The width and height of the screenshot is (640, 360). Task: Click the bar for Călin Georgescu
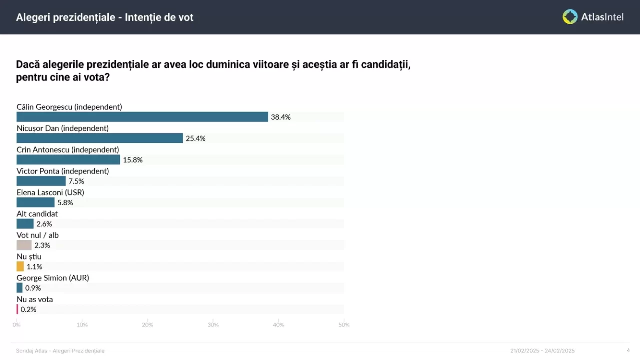142,117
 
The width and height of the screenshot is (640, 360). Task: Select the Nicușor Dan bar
100,138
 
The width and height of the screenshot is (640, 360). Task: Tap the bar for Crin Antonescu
68,160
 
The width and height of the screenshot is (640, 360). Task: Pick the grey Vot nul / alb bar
24,245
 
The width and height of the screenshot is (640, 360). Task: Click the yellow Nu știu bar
20,267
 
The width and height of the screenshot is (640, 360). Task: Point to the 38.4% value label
281,117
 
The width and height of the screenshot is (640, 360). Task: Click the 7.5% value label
76,181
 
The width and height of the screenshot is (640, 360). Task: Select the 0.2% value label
28,310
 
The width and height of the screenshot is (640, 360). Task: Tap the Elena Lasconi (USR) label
50,192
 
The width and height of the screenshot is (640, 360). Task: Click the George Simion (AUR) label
53,278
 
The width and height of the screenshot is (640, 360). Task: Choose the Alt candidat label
37,214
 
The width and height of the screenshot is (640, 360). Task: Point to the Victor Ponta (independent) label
63,171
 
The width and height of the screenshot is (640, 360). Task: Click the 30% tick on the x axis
213,325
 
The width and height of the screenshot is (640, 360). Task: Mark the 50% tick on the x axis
344,325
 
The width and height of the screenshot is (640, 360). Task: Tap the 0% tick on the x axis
17,325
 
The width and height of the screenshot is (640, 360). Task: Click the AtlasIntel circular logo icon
570,17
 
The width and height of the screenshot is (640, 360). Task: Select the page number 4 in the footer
628,350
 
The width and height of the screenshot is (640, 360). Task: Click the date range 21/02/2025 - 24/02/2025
542,351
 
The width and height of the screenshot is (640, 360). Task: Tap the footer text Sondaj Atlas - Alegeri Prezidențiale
60,351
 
